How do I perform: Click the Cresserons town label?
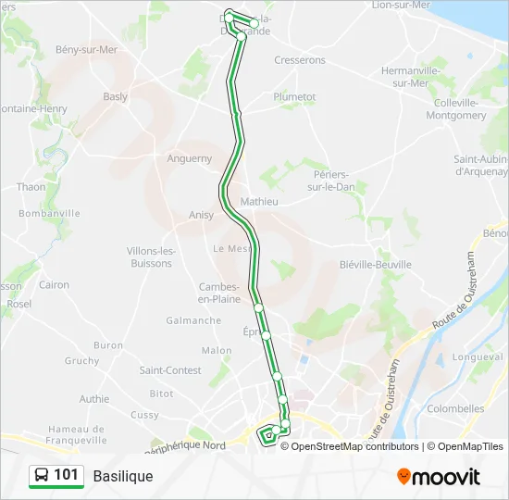click(x=300, y=60)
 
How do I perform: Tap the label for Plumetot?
click(x=294, y=96)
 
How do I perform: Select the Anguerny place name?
click(x=190, y=158)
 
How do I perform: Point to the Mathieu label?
click(x=259, y=201)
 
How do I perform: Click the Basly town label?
click(x=116, y=96)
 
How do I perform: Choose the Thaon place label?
click(x=31, y=187)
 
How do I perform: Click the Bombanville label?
click(x=50, y=213)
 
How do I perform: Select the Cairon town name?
click(x=54, y=285)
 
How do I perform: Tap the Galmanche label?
click(x=193, y=320)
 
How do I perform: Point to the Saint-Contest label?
click(x=170, y=370)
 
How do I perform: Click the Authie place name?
click(x=93, y=399)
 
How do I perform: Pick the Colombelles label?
click(x=455, y=408)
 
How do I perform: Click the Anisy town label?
click(x=201, y=215)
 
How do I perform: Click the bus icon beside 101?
click(x=42, y=476)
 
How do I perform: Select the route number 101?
click(x=66, y=475)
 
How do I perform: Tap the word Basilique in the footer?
click(x=123, y=476)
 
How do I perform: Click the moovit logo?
click(x=439, y=477)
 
